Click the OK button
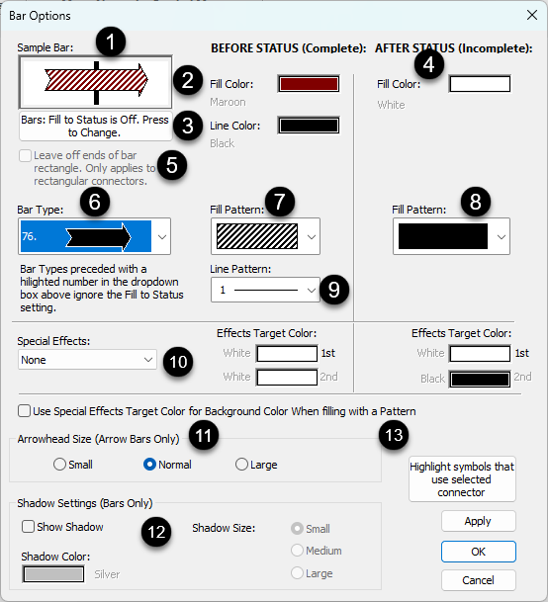(478, 552)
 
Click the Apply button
(478, 521)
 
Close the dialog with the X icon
(532, 16)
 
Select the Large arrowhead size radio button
(241, 465)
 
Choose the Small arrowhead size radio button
(59, 465)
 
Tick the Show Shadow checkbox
(28, 526)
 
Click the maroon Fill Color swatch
(309, 84)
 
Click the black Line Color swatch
(309, 126)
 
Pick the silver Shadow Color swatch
(53, 574)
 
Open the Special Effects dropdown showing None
(87, 360)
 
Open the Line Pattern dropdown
(265, 290)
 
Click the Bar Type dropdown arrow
(162, 237)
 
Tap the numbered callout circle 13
(394, 435)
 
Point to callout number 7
(280, 202)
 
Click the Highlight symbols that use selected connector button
(462, 479)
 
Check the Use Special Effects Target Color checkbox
(24, 411)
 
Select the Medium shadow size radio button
(297, 551)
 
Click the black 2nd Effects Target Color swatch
(480, 380)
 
